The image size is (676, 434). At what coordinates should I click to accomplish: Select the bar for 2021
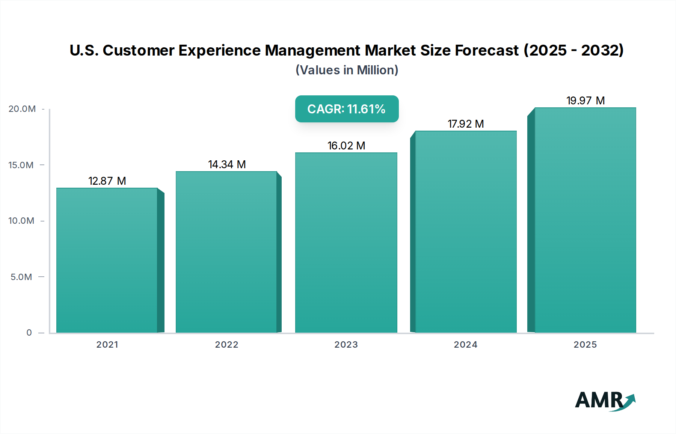point(107,260)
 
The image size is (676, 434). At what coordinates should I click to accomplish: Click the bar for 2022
point(226,252)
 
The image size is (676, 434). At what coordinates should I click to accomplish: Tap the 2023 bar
point(346,243)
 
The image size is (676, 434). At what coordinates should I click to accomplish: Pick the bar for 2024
point(466,232)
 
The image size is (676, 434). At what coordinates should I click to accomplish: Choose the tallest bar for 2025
point(585,220)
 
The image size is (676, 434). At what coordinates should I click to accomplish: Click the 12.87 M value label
point(107,181)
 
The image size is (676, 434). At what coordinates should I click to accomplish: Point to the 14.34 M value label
point(227,164)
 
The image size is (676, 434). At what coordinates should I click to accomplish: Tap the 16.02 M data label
point(346,146)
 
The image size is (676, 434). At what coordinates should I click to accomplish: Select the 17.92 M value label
point(466,124)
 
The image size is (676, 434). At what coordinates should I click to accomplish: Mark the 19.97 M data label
point(585,101)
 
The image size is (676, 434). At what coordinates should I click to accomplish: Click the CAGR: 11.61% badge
point(347,109)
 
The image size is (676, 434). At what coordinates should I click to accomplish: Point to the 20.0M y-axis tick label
point(22,109)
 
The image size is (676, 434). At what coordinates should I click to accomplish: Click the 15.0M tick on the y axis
point(21,165)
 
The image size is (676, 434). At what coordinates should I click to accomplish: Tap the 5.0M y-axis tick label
point(21,277)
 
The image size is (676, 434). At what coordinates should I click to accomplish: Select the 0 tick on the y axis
point(29,333)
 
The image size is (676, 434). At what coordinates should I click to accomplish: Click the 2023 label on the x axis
point(346,345)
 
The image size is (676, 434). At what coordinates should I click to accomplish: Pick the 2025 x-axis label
point(585,345)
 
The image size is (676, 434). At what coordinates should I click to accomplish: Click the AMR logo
point(605,400)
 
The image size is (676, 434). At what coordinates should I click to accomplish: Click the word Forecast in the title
point(487,50)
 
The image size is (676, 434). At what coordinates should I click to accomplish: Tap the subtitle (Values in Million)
point(347,70)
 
